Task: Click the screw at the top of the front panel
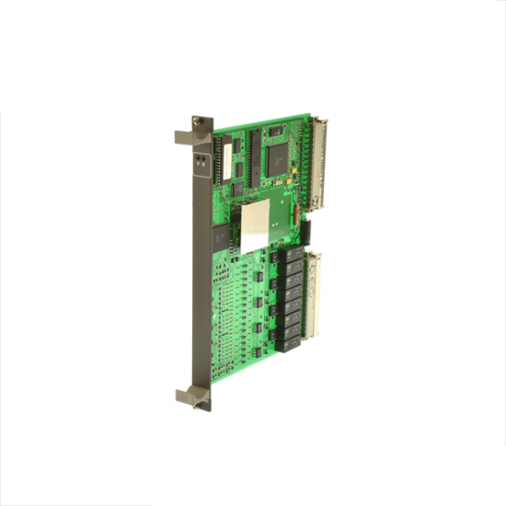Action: tap(197, 120)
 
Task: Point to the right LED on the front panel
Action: tap(204, 157)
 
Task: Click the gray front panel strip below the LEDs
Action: tap(201, 276)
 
